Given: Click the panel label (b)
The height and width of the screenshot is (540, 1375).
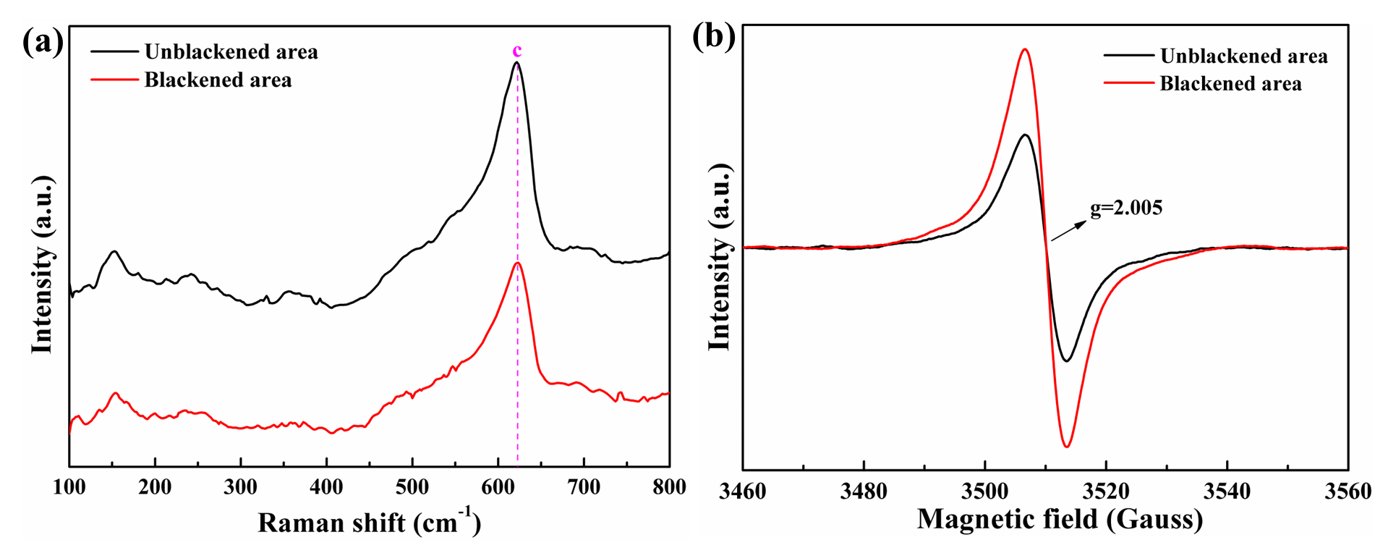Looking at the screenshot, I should [x=715, y=36].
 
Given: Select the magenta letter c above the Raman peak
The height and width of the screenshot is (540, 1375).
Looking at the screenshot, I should [x=516, y=51].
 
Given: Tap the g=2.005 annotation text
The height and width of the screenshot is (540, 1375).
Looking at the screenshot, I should [x=1126, y=208].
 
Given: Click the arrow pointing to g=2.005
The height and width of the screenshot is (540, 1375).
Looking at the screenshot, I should [x=1068, y=231].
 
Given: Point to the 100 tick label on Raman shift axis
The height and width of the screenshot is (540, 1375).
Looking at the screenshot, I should [x=69, y=487].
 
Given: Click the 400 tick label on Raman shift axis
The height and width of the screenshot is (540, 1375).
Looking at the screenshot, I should [x=326, y=487].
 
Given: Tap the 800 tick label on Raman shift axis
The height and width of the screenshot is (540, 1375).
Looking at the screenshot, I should [x=669, y=487].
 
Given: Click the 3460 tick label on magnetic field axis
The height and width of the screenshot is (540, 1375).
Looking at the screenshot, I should [x=743, y=492].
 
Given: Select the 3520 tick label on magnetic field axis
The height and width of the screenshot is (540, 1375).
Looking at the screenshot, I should [x=1106, y=492].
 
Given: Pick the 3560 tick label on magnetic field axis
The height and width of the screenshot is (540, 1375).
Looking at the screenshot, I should [x=1348, y=492].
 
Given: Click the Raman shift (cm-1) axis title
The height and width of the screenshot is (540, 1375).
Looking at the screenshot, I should [x=369, y=522].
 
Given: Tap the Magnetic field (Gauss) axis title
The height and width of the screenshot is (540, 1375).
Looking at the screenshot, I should [x=1060, y=518].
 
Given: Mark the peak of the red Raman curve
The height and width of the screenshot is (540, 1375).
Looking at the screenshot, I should [x=517, y=263].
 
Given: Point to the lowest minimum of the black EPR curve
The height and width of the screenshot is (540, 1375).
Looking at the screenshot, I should [x=1066, y=360].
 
